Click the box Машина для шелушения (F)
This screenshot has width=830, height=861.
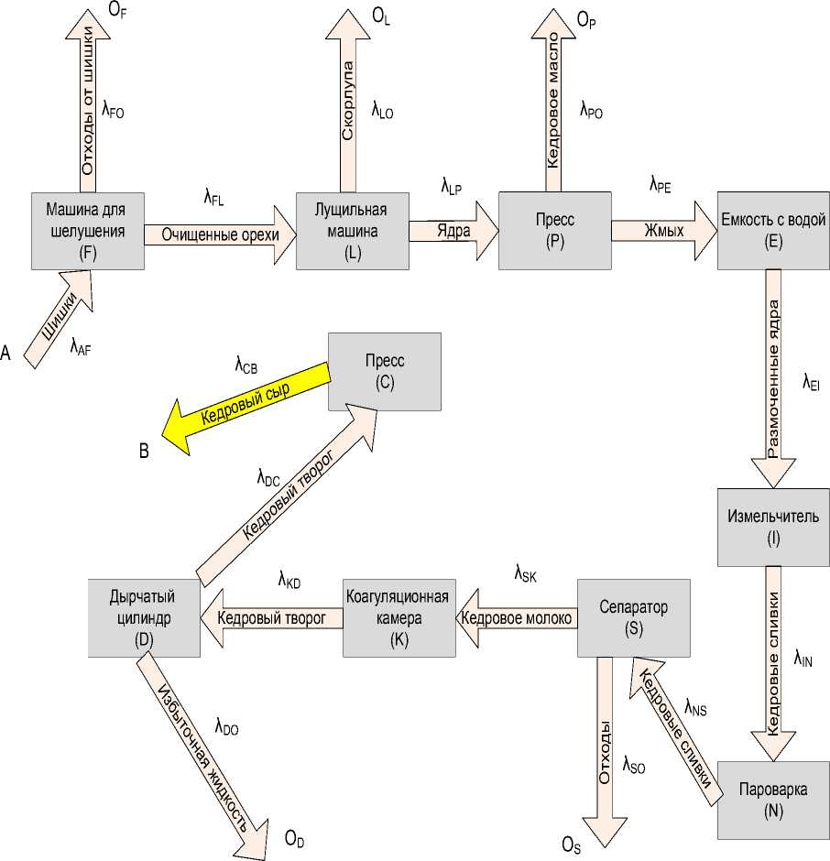(88, 230)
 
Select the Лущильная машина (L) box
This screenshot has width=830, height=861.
(353, 230)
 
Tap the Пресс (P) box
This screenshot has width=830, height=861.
(554, 230)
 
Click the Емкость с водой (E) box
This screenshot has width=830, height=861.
(773, 230)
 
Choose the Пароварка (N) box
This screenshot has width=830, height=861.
(773, 799)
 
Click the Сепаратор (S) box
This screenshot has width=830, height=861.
(633, 617)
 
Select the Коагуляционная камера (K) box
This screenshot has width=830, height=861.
(399, 617)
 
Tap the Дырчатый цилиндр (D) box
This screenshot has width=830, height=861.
(144, 617)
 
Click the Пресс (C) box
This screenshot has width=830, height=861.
(385, 371)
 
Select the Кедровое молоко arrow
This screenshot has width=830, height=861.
(518, 618)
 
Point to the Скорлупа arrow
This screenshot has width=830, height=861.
(348, 101)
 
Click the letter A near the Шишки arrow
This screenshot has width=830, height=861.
(7, 353)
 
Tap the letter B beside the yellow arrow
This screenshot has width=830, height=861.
(144, 451)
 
